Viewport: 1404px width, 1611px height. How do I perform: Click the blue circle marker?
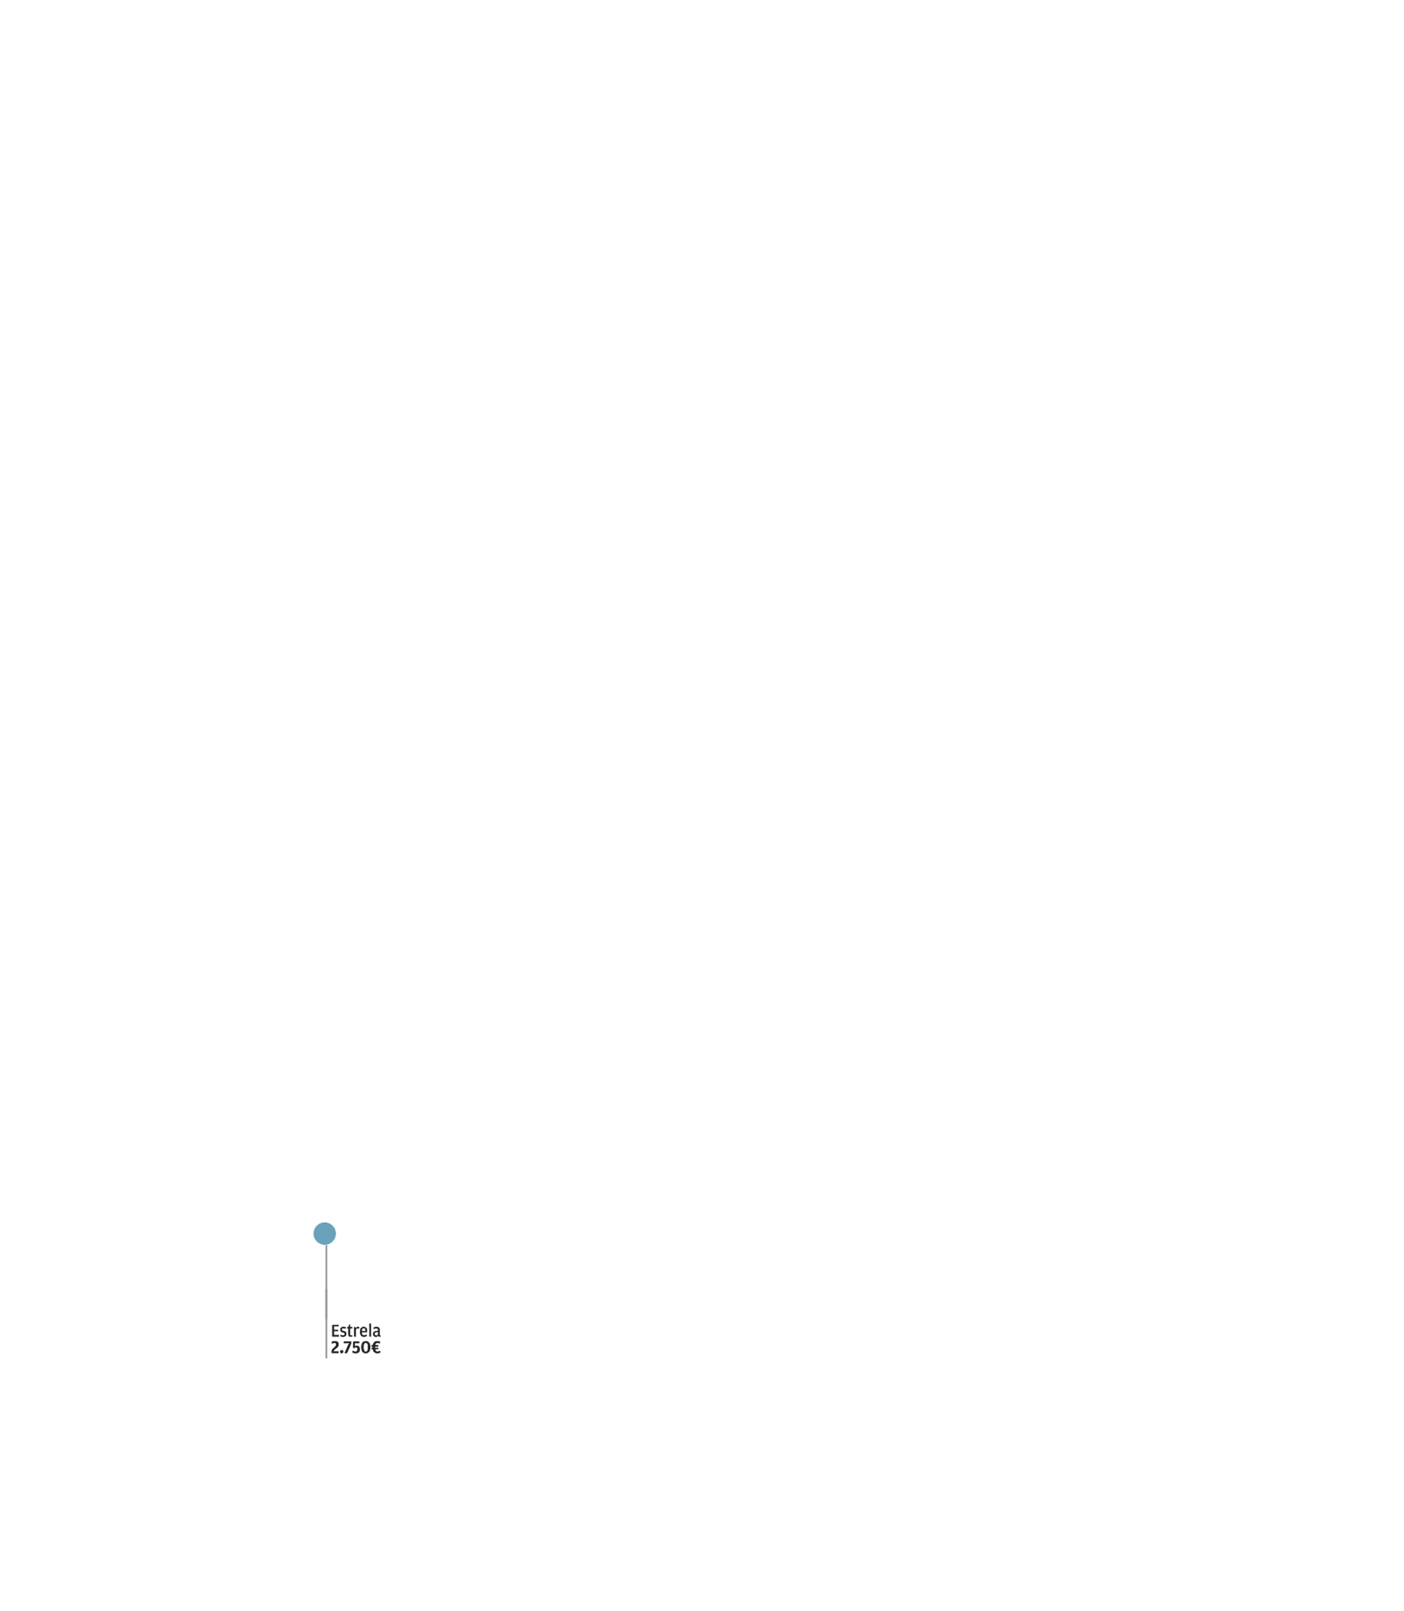coord(324,1234)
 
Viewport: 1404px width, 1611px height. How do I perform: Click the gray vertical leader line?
coord(326,1301)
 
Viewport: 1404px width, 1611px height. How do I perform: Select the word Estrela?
coord(355,1331)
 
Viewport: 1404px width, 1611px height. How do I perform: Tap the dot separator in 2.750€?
coord(342,1353)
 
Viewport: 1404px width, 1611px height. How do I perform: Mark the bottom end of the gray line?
coord(326,1358)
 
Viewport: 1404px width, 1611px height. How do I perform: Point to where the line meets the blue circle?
coord(326,1245)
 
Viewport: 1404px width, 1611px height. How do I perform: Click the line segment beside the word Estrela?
coord(326,1331)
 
